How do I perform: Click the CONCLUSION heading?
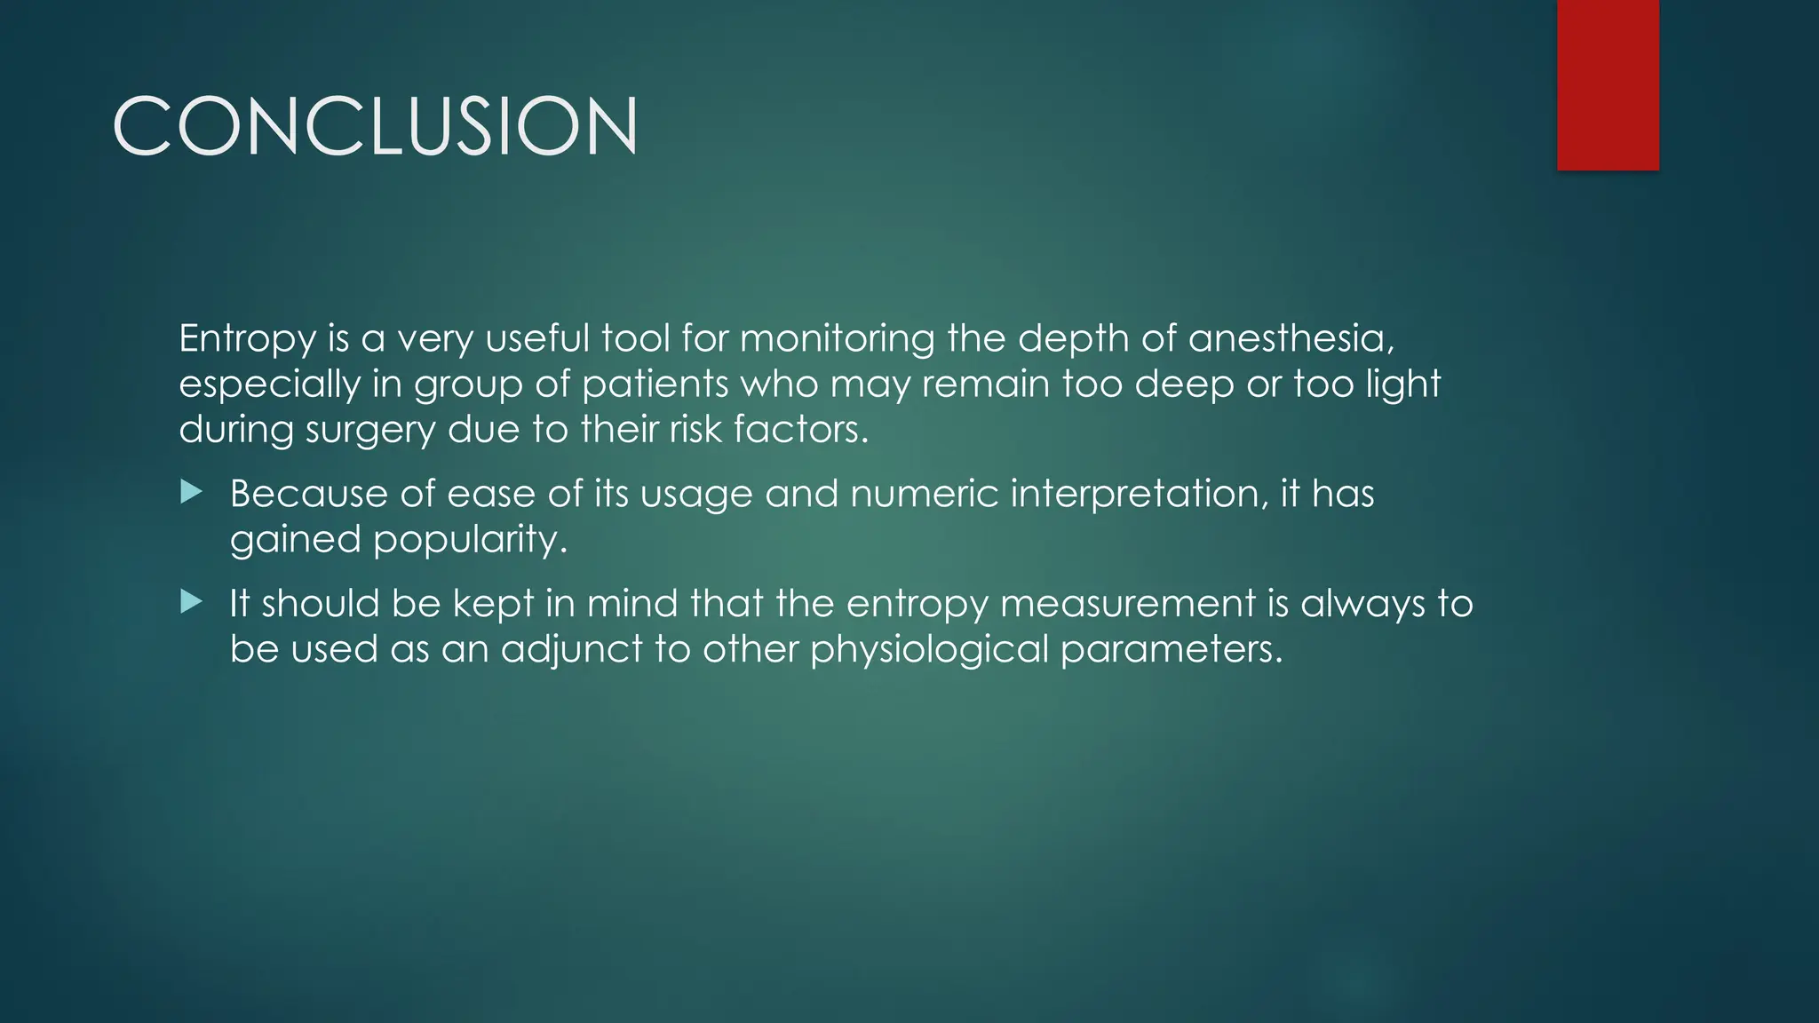(x=375, y=127)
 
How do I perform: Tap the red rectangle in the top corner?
(x=1608, y=84)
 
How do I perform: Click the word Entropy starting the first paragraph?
(x=247, y=339)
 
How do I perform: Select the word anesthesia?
(x=1291, y=338)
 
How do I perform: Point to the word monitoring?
(x=837, y=339)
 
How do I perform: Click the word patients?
(x=655, y=385)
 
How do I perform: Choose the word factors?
(x=800, y=429)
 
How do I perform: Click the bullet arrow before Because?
(x=191, y=492)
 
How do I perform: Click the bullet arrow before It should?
(x=191, y=602)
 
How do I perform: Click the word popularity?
(x=469, y=540)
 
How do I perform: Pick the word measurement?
(x=1127, y=604)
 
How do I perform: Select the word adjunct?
(x=571, y=649)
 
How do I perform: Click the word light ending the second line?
(x=1402, y=385)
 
